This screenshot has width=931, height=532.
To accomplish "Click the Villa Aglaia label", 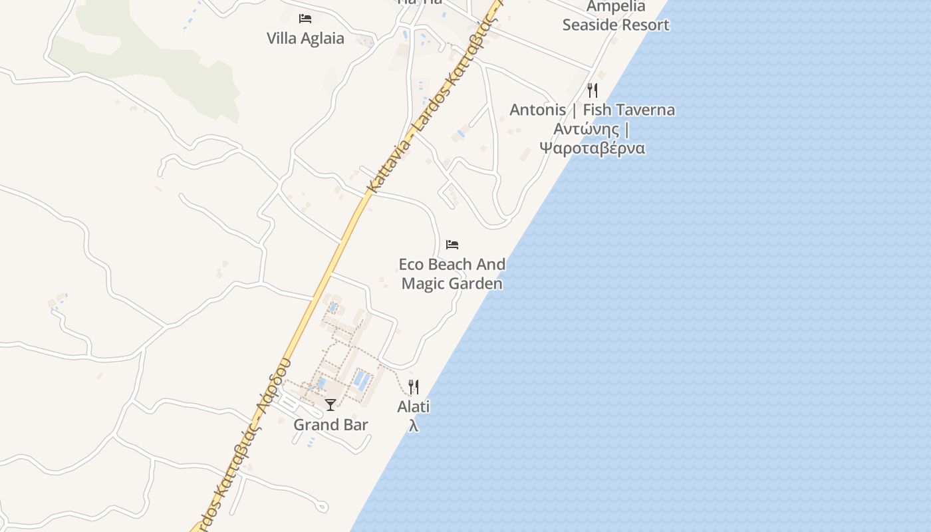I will point(305,38).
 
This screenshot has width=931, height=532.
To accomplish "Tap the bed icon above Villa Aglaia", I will point(305,18).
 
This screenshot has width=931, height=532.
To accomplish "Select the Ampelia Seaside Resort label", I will point(616,16).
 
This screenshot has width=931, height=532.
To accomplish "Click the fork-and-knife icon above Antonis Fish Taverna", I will point(593,90).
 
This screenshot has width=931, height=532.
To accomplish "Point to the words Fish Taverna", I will point(628,110).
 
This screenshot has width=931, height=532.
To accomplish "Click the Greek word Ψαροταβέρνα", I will point(592,148).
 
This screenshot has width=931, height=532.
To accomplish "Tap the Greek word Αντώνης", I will point(587,129).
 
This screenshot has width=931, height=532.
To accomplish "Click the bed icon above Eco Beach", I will point(452,244).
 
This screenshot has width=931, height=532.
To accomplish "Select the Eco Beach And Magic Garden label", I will point(452,274).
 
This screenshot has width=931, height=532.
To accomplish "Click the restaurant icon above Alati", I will point(414,386).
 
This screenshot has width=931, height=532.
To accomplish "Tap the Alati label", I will point(414,406).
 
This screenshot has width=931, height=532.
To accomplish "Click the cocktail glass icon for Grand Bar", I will point(331,404).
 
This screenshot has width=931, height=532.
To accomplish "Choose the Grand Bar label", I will point(331,425).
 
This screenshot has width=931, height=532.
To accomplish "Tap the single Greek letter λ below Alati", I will point(414,426).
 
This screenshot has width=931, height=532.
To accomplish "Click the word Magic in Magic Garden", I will point(423,284).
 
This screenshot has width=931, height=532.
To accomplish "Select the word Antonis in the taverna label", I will point(537,110).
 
